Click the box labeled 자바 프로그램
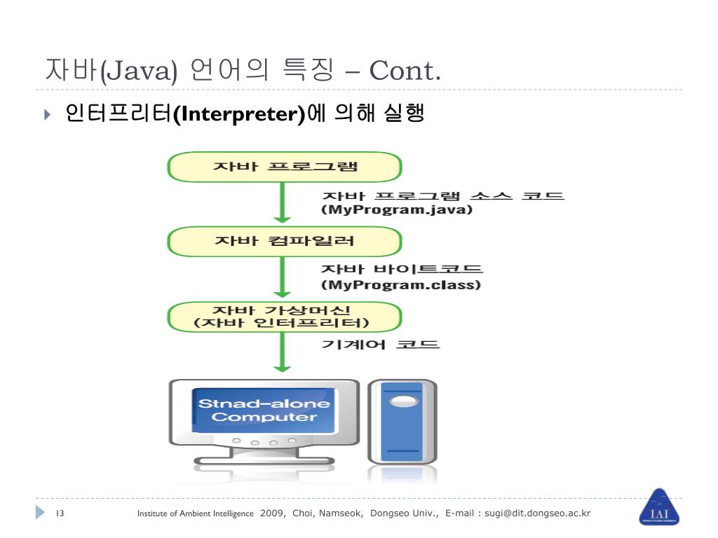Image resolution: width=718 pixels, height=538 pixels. [x=284, y=167]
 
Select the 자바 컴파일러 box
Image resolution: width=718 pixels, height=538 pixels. [x=284, y=242]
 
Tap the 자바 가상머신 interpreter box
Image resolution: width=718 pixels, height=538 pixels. [x=284, y=317]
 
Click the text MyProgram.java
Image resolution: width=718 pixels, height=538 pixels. [x=397, y=209]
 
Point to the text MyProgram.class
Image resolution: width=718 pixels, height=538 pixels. [x=400, y=285]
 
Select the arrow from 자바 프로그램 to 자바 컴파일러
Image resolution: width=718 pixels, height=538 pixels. [x=282, y=204]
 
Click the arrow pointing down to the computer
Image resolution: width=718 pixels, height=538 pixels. [x=282, y=353]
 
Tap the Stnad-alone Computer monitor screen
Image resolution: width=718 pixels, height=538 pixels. [x=264, y=411]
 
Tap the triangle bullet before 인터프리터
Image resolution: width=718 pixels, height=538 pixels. [x=47, y=114]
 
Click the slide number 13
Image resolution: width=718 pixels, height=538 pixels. [x=60, y=513]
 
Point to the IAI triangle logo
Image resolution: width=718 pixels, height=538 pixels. [x=659, y=507]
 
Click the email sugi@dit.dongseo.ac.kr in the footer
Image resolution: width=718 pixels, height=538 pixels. [x=538, y=513]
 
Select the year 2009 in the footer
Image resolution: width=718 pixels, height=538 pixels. [x=272, y=513]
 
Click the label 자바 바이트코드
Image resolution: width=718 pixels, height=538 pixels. [x=402, y=269]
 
